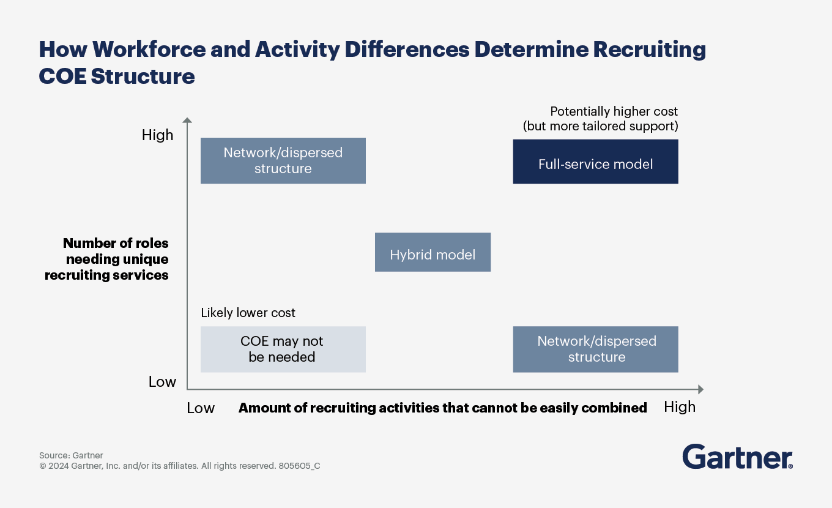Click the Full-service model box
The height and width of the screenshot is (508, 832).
[595, 162]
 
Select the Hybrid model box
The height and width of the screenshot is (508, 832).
[433, 252]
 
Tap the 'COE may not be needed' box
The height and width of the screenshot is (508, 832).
[283, 349]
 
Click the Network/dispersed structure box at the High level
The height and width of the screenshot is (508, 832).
[283, 160]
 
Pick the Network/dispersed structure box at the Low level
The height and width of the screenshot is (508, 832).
[595, 349]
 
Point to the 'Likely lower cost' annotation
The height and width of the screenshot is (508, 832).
[248, 313]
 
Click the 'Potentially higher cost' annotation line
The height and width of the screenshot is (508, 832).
[614, 112]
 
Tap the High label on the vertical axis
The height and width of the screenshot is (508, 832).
[158, 135]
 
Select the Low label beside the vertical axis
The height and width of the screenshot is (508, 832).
[162, 382]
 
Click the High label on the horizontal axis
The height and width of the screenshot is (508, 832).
[680, 407]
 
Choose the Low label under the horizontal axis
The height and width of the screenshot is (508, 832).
[201, 408]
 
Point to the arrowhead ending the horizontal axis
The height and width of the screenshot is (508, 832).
[700, 389]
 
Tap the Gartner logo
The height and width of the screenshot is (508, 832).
[737, 457]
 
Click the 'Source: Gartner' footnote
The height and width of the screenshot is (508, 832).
[71, 455]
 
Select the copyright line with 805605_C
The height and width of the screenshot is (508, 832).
[179, 466]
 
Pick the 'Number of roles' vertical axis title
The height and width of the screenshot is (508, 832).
[116, 244]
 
